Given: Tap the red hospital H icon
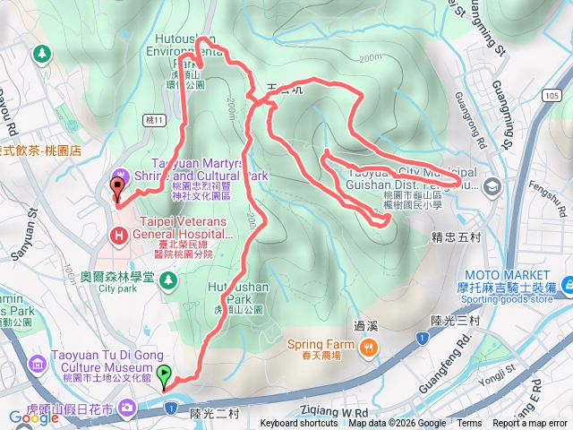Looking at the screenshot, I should [x=117, y=235].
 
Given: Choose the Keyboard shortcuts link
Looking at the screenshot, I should [x=300, y=424].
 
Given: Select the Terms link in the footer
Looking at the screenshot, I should [x=468, y=424].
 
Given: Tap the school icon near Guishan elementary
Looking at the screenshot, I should [x=492, y=186].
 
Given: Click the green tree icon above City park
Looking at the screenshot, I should [x=167, y=281].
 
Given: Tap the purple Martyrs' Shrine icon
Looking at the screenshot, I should [x=120, y=173].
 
